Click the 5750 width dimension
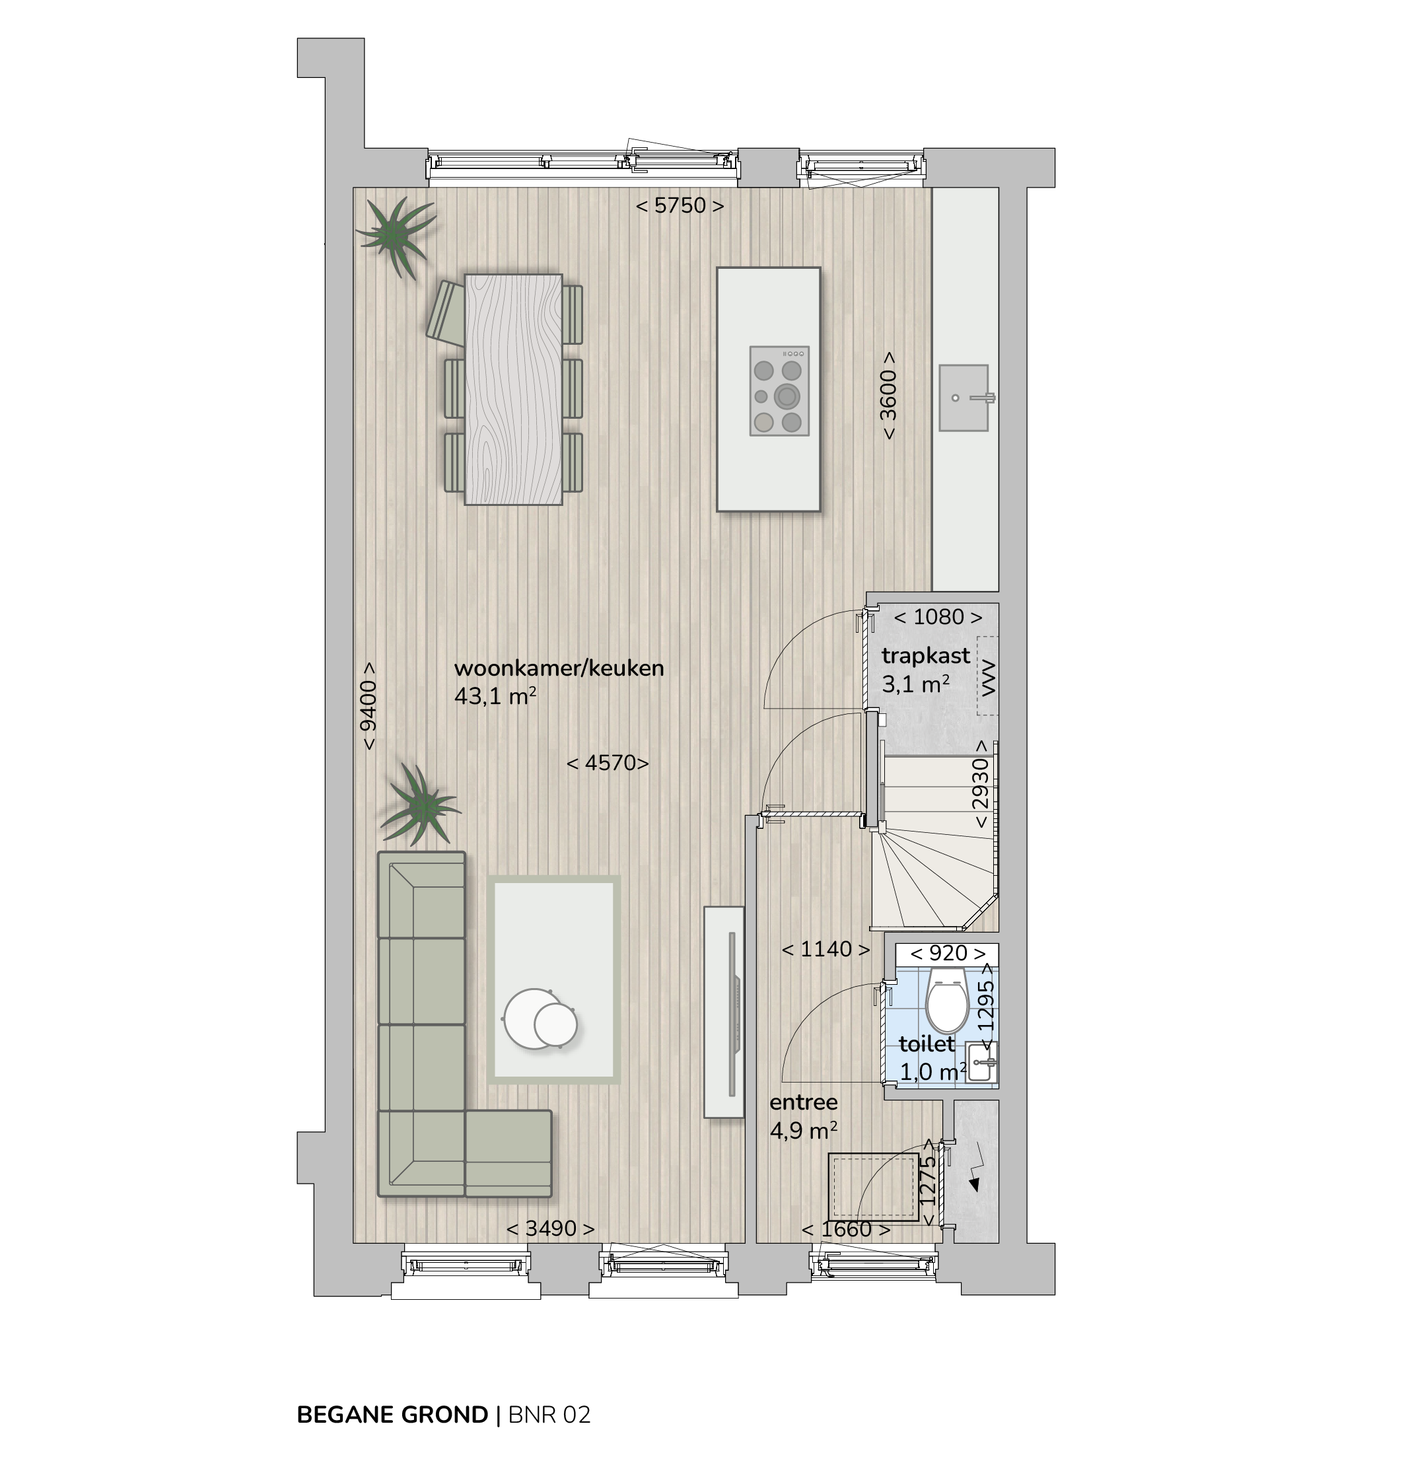[680, 205]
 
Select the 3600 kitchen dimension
[888, 396]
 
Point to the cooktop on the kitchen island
[779, 390]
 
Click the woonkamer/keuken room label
[559, 668]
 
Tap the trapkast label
[926, 656]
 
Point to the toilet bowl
[946, 1001]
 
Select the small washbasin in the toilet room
[982, 1061]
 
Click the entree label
[803, 1102]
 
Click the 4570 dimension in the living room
[608, 763]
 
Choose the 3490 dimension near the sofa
[551, 1229]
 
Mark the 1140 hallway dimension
[825, 949]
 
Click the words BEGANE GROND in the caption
[393, 1415]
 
